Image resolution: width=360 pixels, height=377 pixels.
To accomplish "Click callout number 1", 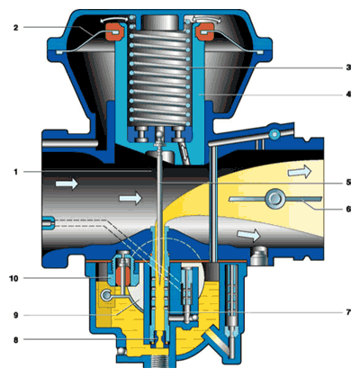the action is [x=15, y=172].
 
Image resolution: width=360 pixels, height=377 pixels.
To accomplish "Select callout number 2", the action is [x=16, y=28].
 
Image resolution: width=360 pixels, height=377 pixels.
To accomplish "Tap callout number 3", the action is [x=348, y=67].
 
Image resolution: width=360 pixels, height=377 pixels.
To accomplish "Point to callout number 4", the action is [x=348, y=94].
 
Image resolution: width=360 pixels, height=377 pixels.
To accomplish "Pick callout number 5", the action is [x=348, y=183].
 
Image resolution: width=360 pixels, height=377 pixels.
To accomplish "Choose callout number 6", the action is [x=348, y=209].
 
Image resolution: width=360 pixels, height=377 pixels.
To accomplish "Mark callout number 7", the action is [x=348, y=312].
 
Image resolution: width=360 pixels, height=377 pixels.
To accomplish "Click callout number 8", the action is [x=16, y=340].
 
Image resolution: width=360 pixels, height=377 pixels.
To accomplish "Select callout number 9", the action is [x=16, y=315].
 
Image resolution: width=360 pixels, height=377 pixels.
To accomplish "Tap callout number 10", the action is [x=13, y=279].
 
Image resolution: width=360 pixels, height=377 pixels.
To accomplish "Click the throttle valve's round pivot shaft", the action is [x=274, y=198].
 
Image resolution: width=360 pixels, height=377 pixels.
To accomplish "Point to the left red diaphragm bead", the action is [x=113, y=31].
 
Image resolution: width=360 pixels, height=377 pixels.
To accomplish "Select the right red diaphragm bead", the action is [x=204, y=32].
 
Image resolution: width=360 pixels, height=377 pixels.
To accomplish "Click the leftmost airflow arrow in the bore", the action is [x=67, y=183].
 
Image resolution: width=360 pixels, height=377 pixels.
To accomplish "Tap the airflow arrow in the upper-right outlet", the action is [x=300, y=172].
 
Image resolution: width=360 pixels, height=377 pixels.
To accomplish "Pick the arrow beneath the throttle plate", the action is [x=248, y=235].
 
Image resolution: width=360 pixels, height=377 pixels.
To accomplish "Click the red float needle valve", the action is [x=123, y=276].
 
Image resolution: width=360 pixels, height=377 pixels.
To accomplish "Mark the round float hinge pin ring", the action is [x=106, y=295].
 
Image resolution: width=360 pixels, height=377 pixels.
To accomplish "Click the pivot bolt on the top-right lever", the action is [x=274, y=134].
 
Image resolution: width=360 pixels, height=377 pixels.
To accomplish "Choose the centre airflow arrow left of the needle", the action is [x=130, y=198].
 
